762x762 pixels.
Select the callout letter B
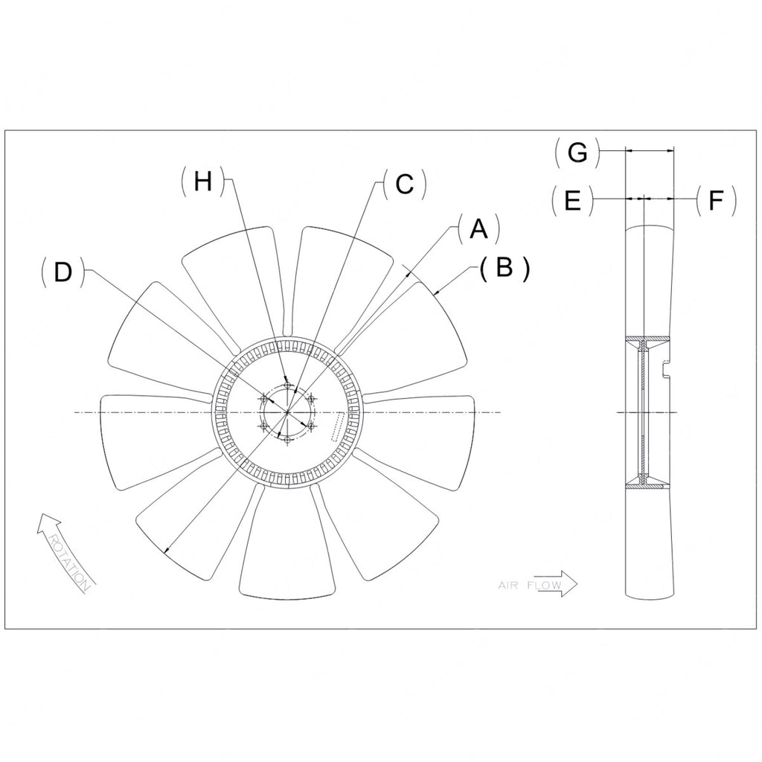point(505,268)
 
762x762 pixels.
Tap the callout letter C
point(404,184)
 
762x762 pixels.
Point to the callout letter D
point(63,273)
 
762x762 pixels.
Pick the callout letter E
point(572,201)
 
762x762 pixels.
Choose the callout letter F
point(715,201)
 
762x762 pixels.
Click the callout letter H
point(202,182)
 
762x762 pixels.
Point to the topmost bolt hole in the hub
point(287,385)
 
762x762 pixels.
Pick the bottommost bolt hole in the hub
point(287,441)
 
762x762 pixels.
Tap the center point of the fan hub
point(287,412)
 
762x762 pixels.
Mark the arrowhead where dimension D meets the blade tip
point(167,551)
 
